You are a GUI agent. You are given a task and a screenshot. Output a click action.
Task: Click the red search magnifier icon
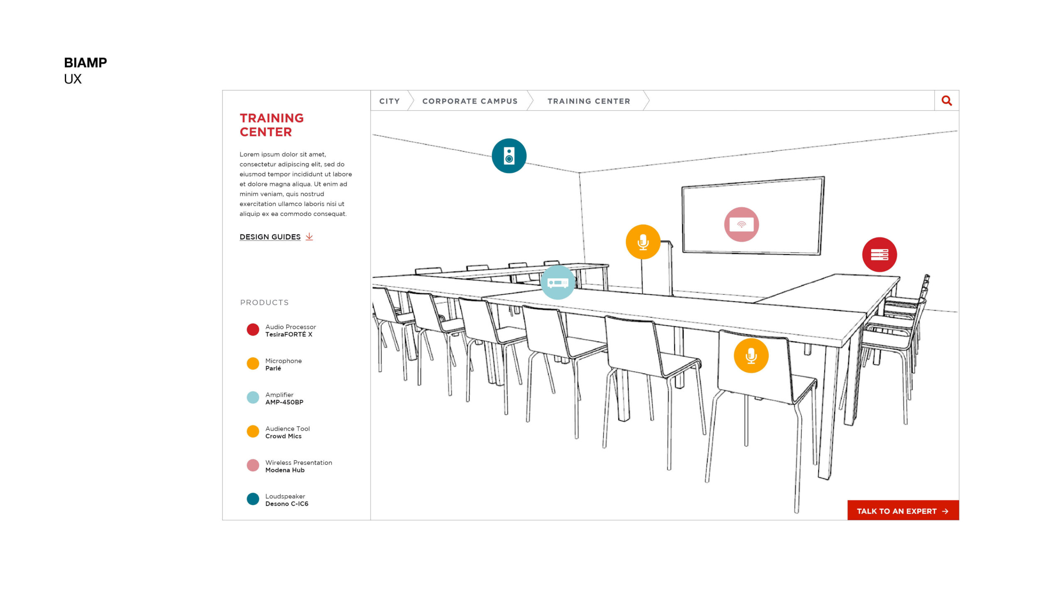[x=946, y=100]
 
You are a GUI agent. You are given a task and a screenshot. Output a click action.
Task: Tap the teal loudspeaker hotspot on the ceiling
[x=509, y=156]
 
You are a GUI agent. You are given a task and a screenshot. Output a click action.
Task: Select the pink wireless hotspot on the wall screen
[x=741, y=224]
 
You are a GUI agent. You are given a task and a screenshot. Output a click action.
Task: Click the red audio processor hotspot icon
[x=879, y=255]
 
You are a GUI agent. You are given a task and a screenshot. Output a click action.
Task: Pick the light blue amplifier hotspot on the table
[x=558, y=282]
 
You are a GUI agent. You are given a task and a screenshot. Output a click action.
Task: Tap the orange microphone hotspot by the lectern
[x=643, y=242]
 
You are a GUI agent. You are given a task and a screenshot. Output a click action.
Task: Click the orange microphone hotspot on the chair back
[x=751, y=355]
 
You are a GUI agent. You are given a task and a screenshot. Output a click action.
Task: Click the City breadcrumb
[x=389, y=101]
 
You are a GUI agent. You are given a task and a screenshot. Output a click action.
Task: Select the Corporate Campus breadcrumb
[x=470, y=101]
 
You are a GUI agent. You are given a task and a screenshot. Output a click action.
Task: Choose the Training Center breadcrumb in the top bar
[x=588, y=101]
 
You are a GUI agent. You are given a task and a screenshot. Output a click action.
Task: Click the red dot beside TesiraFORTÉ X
[x=253, y=330]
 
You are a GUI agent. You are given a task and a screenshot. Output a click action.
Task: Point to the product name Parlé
[x=273, y=368]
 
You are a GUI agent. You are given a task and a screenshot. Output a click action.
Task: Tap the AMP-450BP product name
[x=284, y=402]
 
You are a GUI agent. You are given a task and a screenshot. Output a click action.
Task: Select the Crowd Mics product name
[x=283, y=436]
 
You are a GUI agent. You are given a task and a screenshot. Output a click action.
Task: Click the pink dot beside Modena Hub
[x=253, y=465]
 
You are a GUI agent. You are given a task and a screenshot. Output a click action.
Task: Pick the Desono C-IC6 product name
[x=287, y=504]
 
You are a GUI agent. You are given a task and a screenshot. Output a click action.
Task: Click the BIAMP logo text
[x=85, y=63]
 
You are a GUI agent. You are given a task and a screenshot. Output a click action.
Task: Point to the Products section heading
[x=264, y=302]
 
